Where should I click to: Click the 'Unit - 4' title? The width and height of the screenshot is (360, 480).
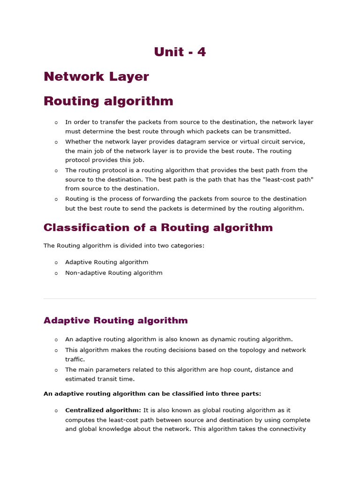(180, 52)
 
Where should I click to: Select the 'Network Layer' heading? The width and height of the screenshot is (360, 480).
(96, 77)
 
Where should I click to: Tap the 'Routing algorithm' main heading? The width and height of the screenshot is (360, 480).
(108, 101)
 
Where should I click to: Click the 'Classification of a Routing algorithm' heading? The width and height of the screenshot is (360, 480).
(158, 228)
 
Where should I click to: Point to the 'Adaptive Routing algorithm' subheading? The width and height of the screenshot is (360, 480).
(115, 321)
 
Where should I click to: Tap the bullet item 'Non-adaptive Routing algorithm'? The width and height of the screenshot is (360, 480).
(114, 273)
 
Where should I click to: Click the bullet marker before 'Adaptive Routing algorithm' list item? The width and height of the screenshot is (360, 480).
(56, 262)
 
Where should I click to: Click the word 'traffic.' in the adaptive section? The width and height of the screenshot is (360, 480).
(75, 359)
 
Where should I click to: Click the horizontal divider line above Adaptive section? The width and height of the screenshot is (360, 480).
(180, 299)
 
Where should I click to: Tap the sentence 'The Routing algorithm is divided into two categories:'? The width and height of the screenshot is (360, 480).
(124, 246)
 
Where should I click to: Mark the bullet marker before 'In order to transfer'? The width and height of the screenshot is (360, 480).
(56, 122)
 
